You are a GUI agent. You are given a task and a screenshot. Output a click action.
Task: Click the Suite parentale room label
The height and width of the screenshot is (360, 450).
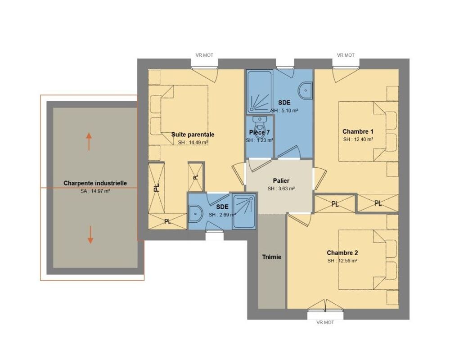pos(193,135)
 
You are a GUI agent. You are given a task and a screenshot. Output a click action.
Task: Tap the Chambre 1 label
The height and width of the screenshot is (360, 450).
pos(358,131)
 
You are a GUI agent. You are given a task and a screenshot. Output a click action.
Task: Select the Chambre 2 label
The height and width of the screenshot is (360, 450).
pos(342,253)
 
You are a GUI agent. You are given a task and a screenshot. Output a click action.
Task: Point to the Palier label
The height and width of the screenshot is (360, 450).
pos(281,180)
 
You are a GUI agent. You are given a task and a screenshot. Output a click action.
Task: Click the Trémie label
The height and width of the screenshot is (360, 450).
pos(271,257)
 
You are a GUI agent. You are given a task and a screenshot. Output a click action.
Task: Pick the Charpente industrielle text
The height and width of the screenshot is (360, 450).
pos(95,183)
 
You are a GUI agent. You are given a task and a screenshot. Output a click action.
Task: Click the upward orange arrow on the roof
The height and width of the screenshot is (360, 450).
pos(89,142)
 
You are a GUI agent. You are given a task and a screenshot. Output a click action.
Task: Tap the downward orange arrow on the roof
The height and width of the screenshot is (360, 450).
pos(90,235)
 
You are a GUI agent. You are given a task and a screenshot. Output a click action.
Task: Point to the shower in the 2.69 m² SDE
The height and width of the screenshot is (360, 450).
pos(244,212)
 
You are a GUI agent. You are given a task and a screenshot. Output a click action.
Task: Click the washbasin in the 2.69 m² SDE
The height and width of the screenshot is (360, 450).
pos(195,214)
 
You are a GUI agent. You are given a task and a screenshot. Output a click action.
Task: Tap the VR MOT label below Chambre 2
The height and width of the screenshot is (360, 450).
pos(325,322)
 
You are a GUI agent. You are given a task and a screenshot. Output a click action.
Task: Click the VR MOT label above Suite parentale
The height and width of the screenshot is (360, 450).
pos(204,55)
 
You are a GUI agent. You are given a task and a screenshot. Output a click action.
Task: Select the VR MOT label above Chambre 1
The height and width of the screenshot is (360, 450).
pos(346,55)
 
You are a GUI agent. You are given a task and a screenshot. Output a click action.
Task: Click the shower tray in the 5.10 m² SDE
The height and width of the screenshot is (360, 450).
pos(260,92)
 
